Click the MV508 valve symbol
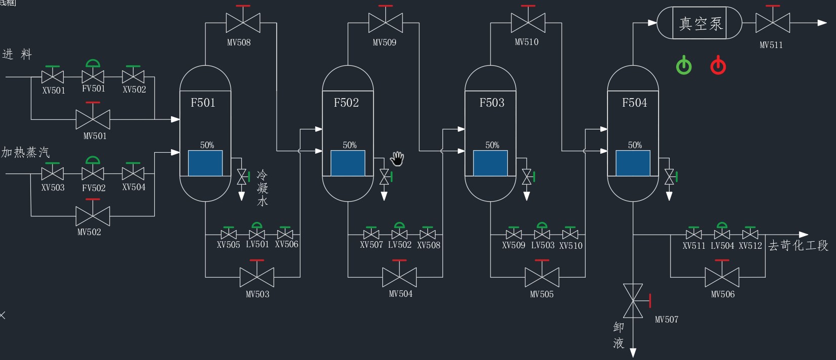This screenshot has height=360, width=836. [243, 23]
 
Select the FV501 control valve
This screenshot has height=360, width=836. [93, 77]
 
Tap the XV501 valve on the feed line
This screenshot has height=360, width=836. [53, 77]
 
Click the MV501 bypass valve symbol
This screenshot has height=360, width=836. [93, 119]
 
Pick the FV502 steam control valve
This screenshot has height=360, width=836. [93, 173]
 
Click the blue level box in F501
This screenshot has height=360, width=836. [205, 163]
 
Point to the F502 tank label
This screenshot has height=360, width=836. [346, 103]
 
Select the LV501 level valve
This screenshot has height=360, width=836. [257, 235]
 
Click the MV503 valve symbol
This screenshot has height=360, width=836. [257, 277]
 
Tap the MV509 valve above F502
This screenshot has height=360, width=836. [386, 23]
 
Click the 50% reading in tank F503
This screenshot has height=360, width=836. [492, 145]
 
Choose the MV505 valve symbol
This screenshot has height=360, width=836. [542, 277]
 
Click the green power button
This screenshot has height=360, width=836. [684, 66]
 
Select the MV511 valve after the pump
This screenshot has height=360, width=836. [773, 23]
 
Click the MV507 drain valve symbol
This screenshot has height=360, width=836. [633, 301]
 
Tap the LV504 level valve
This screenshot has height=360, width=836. [722, 235]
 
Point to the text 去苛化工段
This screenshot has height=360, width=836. [798, 246]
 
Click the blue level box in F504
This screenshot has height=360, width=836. [633, 163]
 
